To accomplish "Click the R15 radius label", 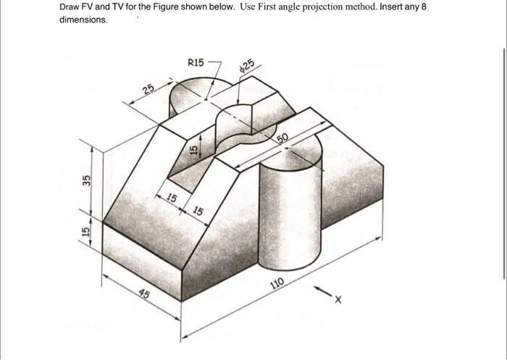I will tap(196, 63).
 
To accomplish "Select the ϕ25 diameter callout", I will tap(246, 67).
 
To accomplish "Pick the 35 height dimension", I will tap(86, 180).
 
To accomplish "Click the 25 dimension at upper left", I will tap(148, 90).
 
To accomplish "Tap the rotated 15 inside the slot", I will tap(193, 149).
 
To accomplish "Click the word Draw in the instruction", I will tap(70, 7).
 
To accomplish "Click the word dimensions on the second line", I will tap(83, 20).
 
